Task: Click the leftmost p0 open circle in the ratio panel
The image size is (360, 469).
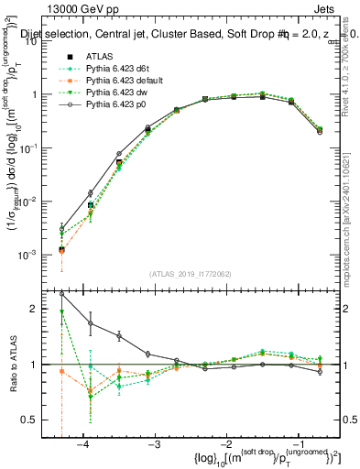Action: click(61, 294)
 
